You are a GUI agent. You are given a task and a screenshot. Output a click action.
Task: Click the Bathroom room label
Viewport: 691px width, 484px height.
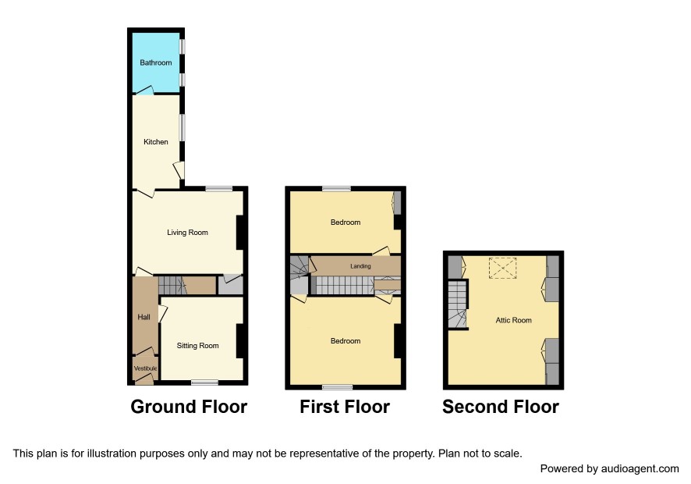(155, 62)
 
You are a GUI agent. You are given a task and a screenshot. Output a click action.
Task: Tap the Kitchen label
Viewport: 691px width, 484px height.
(155, 141)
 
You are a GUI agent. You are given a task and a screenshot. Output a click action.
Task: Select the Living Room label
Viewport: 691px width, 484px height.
(187, 233)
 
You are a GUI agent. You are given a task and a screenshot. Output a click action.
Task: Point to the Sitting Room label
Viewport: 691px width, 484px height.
(197, 346)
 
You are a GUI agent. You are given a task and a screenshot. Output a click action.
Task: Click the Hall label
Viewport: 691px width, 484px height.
(144, 317)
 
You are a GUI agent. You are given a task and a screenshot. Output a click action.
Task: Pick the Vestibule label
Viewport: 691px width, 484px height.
(145, 368)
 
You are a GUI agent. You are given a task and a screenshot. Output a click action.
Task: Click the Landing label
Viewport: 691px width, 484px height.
(360, 266)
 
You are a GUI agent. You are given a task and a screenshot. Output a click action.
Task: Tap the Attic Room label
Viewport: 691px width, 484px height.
(513, 320)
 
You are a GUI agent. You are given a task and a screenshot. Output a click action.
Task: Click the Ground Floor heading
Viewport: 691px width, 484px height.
(189, 407)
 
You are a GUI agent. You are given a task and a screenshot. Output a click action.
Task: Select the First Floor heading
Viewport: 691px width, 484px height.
(345, 407)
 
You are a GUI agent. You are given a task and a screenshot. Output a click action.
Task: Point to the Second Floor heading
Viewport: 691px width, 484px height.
(501, 407)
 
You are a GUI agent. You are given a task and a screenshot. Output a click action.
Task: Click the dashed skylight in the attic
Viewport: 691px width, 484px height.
(503, 269)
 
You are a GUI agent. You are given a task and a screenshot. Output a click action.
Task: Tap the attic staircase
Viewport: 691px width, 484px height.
(458, 304)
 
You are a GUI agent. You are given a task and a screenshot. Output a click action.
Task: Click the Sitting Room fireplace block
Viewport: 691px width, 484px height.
(239, 341)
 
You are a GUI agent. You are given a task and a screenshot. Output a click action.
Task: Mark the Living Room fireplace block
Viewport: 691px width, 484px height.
(239, 233)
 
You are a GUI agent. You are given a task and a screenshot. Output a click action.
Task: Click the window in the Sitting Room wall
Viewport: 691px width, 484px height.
(204, 383)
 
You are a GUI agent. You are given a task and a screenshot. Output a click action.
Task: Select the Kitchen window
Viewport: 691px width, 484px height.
(182, 128)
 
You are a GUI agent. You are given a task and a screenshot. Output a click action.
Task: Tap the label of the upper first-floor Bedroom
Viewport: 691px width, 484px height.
(345, 222)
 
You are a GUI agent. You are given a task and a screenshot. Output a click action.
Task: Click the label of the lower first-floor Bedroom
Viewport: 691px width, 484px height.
(345, 341)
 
